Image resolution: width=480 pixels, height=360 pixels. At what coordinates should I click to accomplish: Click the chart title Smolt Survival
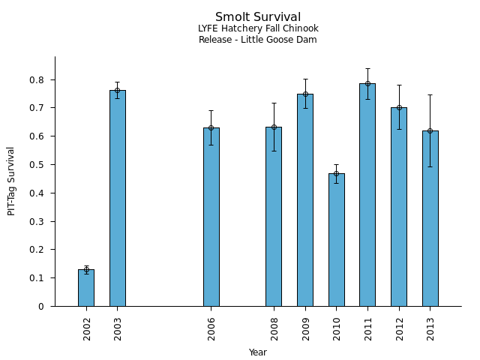pos(258,17)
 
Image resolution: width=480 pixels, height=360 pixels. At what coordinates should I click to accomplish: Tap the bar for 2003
pos(118,198)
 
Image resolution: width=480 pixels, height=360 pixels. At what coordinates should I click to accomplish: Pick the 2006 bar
pos(211,217)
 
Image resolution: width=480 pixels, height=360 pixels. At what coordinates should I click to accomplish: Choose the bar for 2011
pos(367,194)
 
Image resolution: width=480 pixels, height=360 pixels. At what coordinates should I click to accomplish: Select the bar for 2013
pos(430,218)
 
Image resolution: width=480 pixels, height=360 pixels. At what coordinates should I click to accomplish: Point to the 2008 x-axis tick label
pos(274,328)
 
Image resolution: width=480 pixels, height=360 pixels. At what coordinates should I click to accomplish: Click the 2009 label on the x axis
pos(305,328)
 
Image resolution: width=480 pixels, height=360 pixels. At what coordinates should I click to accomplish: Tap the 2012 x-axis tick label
pos(399,328)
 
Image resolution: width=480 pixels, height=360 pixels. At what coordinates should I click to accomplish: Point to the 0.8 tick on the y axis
pos(41,79)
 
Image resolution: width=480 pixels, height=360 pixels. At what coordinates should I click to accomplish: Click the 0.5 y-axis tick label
pos(41,165)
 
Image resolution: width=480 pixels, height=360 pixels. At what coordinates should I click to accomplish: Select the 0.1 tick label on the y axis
pos(41,278)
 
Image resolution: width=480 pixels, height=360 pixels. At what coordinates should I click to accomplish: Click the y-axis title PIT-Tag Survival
pos(11,181)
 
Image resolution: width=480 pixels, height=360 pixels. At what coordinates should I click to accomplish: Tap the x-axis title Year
pos(258,352)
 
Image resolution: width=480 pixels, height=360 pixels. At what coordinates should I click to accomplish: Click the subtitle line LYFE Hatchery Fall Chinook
pos(258,28)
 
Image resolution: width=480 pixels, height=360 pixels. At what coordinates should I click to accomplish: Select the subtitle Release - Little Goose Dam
pos(258,40)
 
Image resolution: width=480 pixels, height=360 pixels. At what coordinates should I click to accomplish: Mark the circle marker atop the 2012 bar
pos(399,107)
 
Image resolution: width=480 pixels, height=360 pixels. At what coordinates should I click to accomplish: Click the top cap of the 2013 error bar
pos(430,94)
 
